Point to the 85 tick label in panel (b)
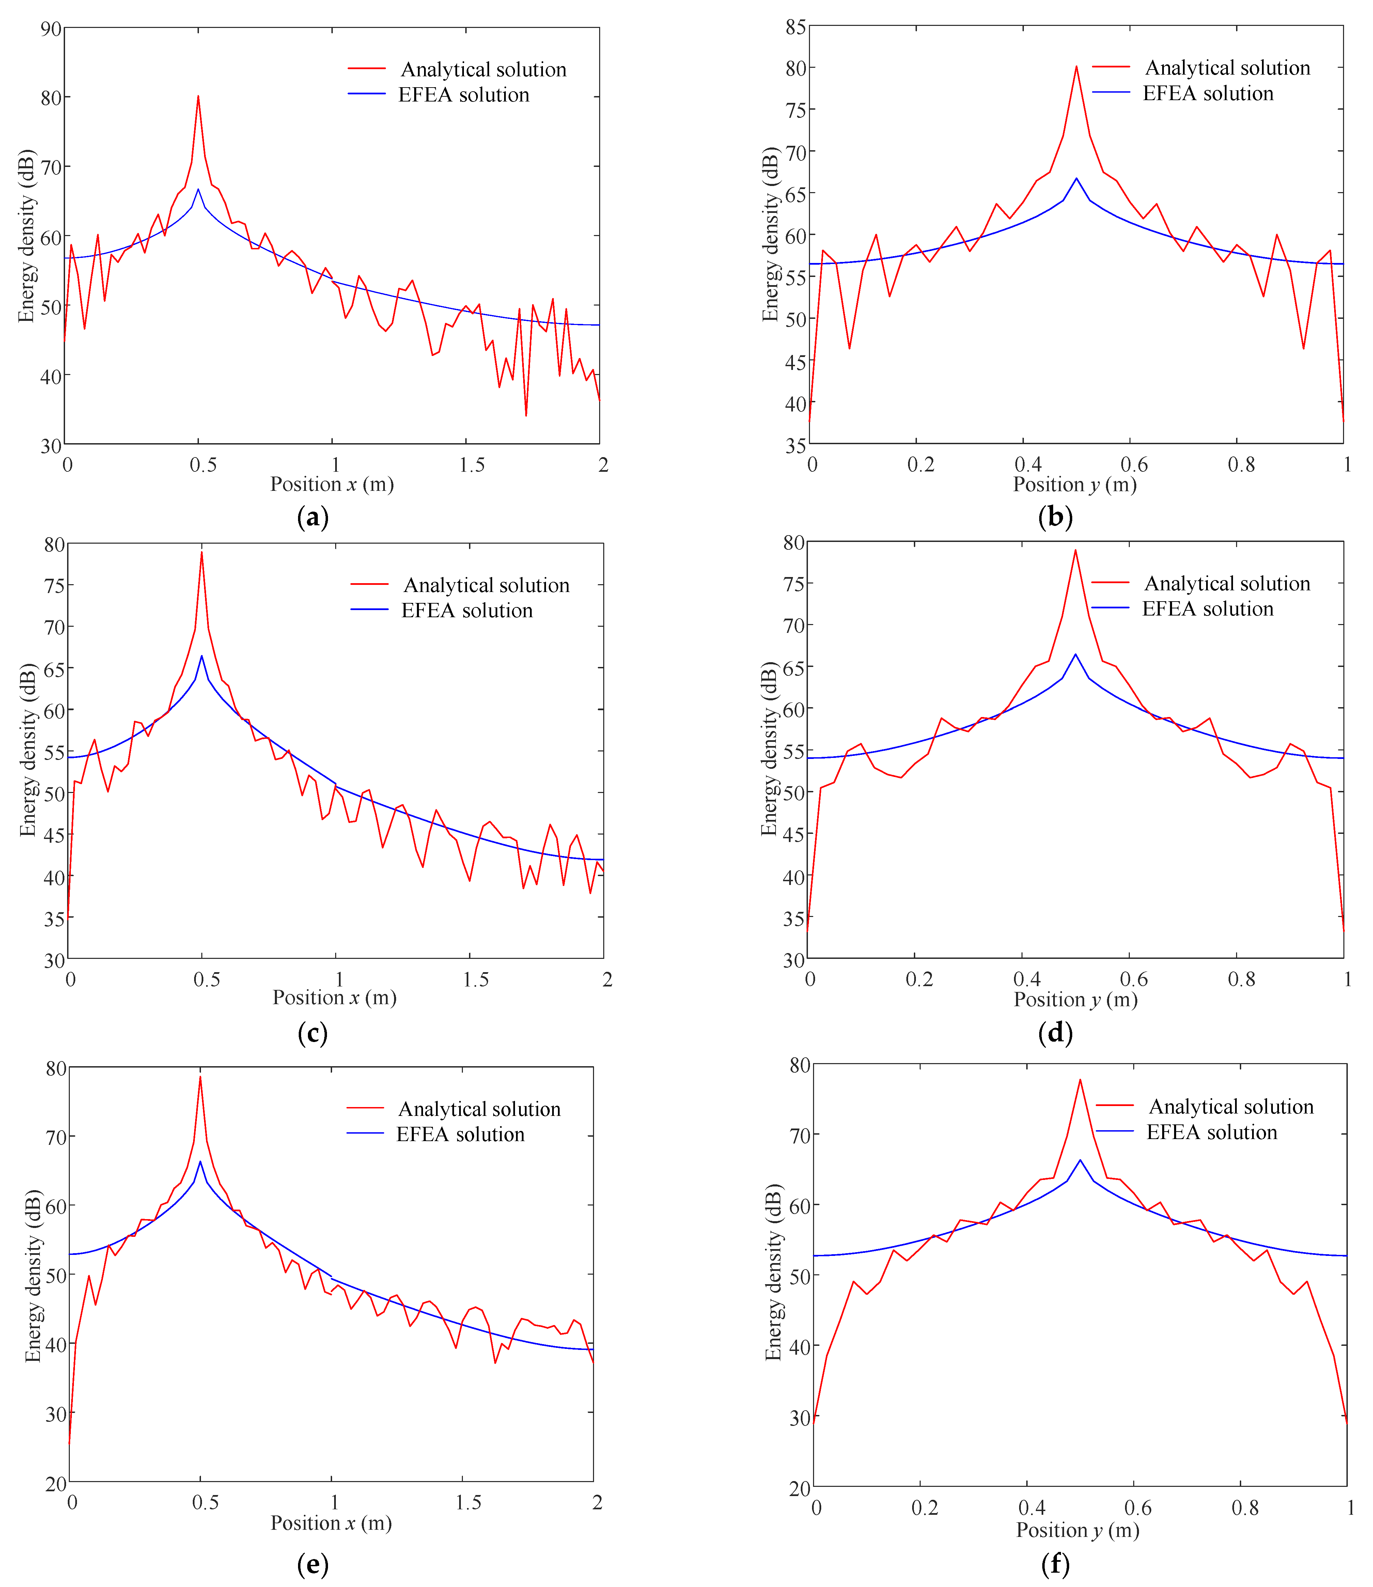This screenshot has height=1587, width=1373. (x=795, y=28)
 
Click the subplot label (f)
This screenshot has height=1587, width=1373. (x=1056, y=1563)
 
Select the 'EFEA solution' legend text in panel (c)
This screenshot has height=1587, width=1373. (x=467, y=611)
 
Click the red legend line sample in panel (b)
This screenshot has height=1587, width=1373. (x=1111, y=67)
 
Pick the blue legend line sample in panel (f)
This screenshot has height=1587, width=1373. (x=1115, y=1131)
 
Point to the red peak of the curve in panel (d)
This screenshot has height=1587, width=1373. (x=1075, y=549)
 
